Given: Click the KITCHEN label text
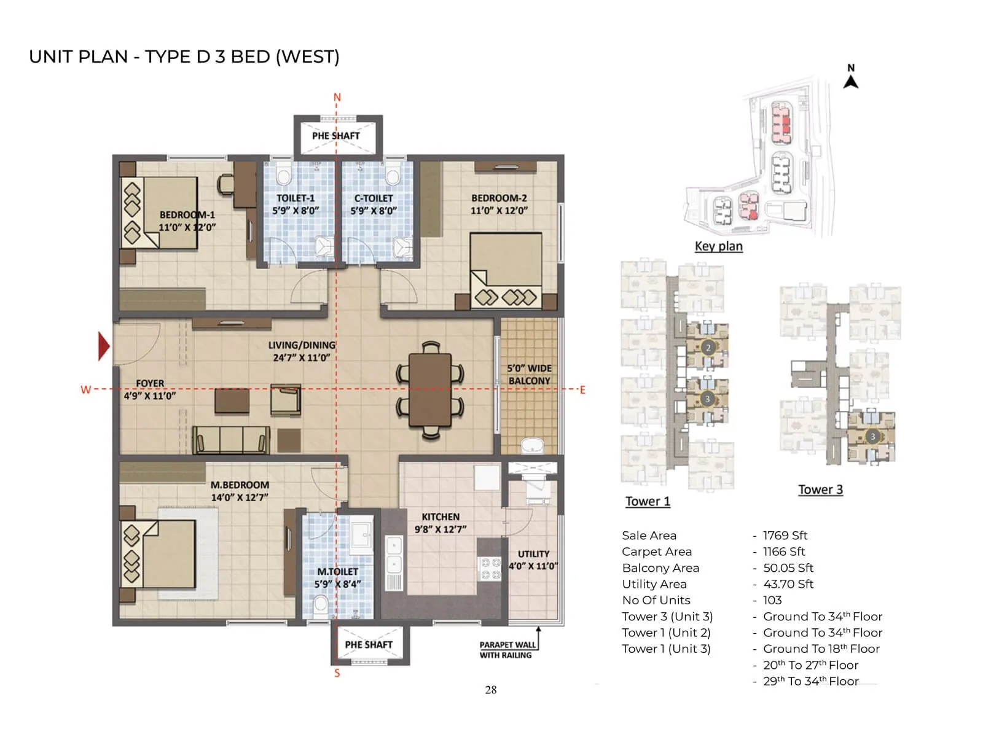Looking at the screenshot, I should [x=441, y=517].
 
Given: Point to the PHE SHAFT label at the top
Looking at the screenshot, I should [x=335, y=136].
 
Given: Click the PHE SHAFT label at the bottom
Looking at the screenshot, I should [x=369, y=644].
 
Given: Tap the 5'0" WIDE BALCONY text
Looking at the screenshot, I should [x=530, y=375].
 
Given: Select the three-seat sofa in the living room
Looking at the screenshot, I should [x=230, y=440].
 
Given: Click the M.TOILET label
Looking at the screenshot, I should [x=337, y=572].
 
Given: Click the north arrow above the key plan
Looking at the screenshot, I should [x=851, y=77].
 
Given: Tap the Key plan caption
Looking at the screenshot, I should [x=718, y=246].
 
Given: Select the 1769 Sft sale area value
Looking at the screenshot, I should [x=785, y=536].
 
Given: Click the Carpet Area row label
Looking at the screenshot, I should [x=656, y=552].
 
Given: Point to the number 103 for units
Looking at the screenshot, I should [x=772, y=600].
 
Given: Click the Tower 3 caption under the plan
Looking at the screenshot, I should [x=820, y=489].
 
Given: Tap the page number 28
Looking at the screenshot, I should [x=490, y=690].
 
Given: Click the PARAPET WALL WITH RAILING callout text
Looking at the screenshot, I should [x=507, y=650].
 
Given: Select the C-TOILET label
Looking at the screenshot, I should [x=374, y=198].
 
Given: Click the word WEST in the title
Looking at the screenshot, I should [x=307, y=57].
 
